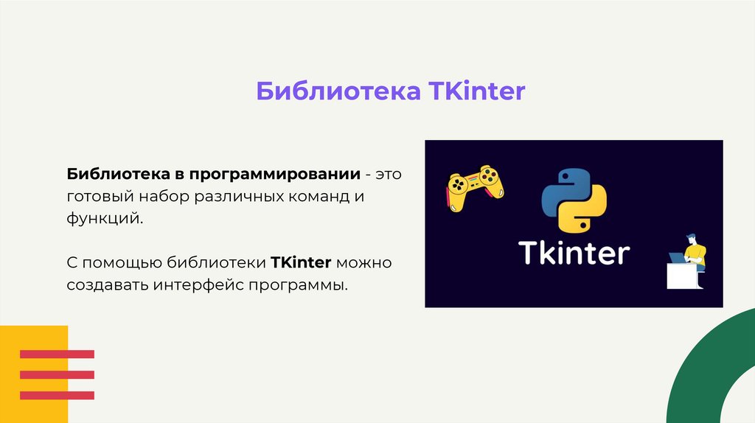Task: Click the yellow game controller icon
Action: [x=475, y=187]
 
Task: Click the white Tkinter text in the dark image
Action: [x=574, y=253]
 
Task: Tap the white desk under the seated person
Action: [x=683, y=276]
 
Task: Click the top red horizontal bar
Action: [x=57, y=354]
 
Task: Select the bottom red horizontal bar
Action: [x=57, y=395]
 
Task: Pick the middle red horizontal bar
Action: [x=57, y=374]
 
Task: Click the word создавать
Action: [x=108, y=284]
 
